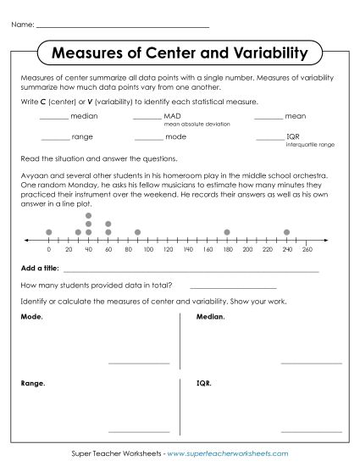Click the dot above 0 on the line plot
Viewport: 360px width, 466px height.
49,231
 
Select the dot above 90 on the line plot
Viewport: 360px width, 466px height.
137,231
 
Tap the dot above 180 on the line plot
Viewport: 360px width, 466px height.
227,231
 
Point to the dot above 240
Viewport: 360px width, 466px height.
286,231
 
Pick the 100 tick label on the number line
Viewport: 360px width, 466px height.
147,250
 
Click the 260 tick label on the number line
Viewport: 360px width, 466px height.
307,250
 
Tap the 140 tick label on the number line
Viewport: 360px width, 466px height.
187,250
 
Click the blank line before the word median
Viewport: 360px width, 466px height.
54,118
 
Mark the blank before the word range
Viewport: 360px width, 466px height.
54,137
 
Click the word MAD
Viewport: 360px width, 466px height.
172,116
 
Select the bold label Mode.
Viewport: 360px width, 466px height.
30,317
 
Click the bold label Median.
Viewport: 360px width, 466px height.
210,317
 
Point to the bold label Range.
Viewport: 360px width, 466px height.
32,383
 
